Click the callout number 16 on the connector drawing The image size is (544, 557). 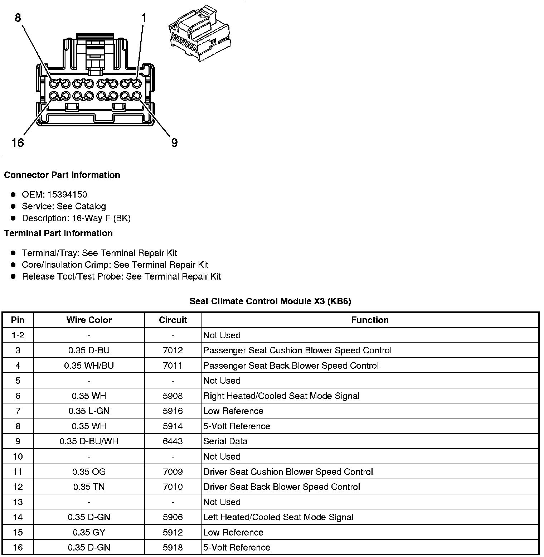[x=18, y=143]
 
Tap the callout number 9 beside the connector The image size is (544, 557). [x=174, y=143]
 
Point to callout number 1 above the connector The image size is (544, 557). [x=144, y=18]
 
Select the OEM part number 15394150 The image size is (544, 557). [x=67, y=194]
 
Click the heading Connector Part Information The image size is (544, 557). [x=62, y=175]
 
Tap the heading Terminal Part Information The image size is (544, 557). [x=58, y=233]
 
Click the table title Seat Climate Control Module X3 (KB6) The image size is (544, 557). [x=270, y=301]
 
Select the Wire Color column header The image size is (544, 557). [x=89, y=320]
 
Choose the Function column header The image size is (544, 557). [x=370, y=320]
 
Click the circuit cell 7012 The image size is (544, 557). [x=173, y=350]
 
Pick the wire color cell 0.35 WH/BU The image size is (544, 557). [x=89, y=365]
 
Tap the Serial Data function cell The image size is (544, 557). [x=225, y=441]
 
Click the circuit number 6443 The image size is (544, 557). [x=173, y=441]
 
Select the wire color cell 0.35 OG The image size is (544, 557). [x=89, y=472]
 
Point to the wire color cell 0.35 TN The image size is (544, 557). [x=89, y=487]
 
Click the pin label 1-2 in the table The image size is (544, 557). [x=18, y=335]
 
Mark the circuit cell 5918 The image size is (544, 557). [x=173, y=547]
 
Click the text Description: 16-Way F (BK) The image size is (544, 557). [x=76, y=218]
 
